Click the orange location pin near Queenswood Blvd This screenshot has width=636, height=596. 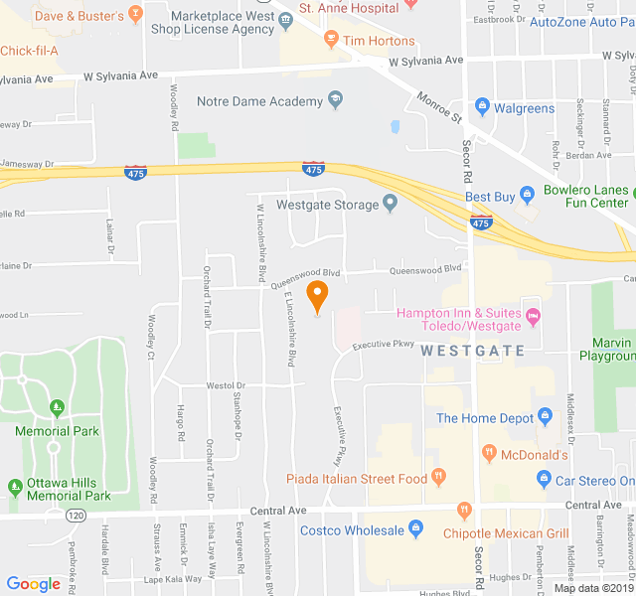coord(317,295)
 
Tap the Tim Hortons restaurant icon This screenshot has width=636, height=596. coord(332,42)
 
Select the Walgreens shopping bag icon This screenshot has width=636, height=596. coord(482,107)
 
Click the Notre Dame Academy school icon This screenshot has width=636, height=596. coord(335,100)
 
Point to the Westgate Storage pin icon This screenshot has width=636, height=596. coord(390,205)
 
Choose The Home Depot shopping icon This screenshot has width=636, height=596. coord(544,417)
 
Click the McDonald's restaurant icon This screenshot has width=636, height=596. coord(488,455)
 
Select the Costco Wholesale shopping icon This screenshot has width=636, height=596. coord(413,530)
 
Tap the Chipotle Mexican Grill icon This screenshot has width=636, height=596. coord(464,511)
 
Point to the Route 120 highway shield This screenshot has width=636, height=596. coord(76,516)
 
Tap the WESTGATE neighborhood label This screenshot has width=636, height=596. coord(472,350)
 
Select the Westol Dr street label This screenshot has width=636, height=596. coord(226,384)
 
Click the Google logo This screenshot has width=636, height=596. coord(34,584)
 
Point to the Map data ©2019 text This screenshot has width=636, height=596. coord(593,588)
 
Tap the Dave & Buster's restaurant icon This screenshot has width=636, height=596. coord(136,15)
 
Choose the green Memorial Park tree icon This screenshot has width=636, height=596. coord(57,407)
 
